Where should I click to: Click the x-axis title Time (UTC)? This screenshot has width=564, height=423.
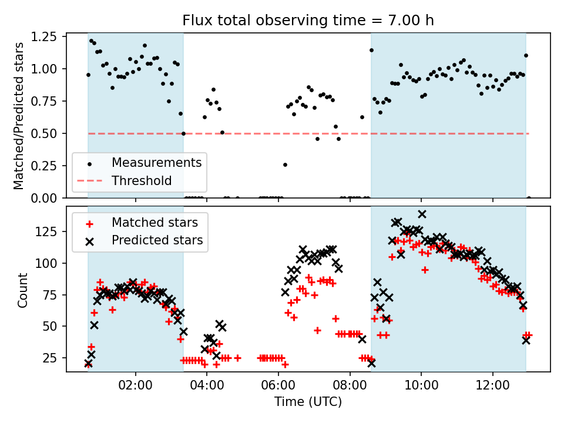point(308,402)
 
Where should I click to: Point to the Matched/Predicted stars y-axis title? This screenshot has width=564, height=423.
point(19,116)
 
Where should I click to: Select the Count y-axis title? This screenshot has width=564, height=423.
point(23,290)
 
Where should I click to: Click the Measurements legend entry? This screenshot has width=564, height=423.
point(157,162)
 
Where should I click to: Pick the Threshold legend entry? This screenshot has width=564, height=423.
point(142,181)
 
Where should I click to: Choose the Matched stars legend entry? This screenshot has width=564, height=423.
point(155,223)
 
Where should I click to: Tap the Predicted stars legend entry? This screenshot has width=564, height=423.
point(157,240)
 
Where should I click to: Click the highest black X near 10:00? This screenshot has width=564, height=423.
point(422,214)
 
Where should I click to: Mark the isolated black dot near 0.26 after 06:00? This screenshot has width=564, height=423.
point(285,164)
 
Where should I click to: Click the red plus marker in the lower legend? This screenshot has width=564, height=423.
point(89,223)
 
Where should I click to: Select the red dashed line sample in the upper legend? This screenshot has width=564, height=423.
point(89,181)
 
